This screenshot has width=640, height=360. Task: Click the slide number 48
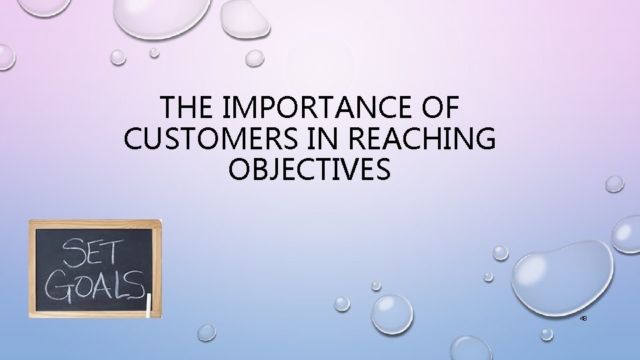[583, 319]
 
